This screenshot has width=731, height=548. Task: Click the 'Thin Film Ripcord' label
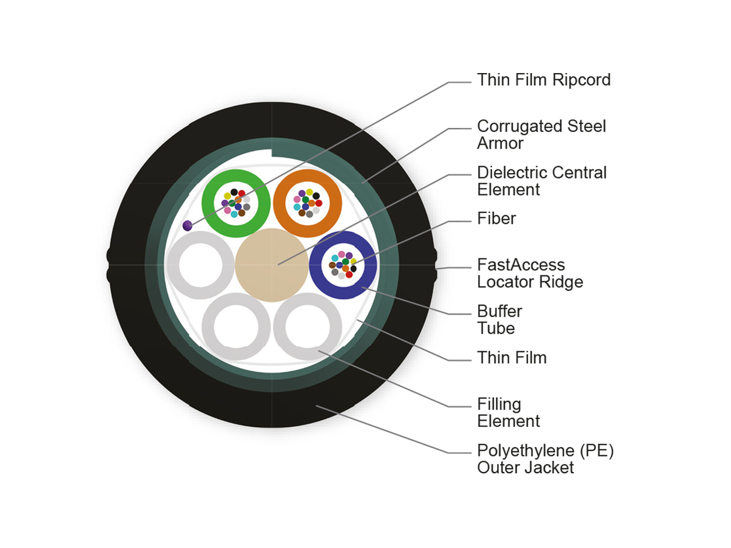click(543, 80)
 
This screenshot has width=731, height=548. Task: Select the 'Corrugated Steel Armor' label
click(542, 135)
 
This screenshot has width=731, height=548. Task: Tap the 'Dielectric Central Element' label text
click(542, 181)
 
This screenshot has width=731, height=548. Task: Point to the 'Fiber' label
click(496, 219)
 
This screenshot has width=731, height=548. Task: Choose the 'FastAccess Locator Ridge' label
click(529, 273)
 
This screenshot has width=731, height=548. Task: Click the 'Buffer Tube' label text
click(500, 320)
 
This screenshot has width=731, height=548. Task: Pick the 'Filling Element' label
click(508, 412)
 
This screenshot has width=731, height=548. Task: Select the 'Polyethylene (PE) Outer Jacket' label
click(545, 459)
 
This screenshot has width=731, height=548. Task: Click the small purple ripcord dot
click(188, 226)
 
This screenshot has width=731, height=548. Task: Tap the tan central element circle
click(271, 265)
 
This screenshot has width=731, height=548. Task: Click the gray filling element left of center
click(174, 268)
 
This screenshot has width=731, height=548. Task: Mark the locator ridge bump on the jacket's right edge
click(436, 266)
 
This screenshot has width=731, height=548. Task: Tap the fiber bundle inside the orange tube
click(307, 202)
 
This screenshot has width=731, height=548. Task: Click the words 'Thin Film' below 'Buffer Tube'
click(512, 357)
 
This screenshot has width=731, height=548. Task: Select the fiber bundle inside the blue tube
click(343, 265)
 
